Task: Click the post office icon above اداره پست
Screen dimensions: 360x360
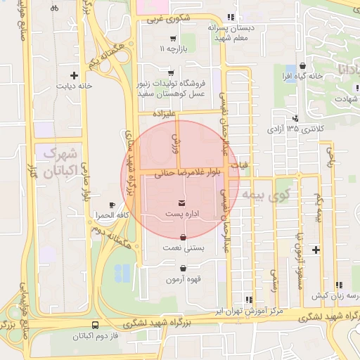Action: coord(172,203)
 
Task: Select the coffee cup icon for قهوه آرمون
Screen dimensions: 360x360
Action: coord(184,268)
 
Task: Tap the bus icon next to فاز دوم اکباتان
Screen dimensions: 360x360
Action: coord(95,326)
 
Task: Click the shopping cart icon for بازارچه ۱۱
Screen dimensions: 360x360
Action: coord(172,39)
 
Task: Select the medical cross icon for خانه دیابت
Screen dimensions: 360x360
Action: coord(74,75)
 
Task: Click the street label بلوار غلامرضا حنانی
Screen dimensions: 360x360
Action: coord(190,171)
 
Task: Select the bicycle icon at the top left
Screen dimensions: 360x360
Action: coord(55,8)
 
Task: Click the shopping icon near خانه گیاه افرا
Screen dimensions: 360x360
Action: coord(302,64)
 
